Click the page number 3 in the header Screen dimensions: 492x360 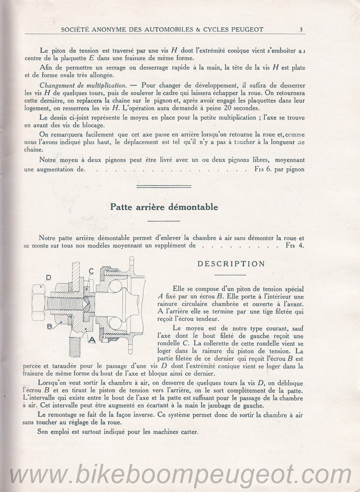click(301, 30)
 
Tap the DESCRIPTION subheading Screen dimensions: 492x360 click(231, 264)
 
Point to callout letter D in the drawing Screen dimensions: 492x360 click(48, 277)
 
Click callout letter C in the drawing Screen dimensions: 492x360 click(91, 271)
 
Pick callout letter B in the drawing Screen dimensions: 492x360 click(50, 326)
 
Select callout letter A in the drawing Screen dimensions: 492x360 click(91, 339)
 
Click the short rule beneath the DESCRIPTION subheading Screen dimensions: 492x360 click(230, 275)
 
